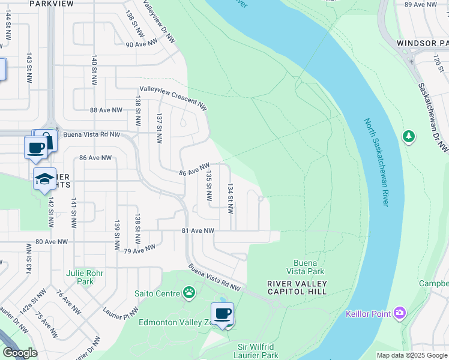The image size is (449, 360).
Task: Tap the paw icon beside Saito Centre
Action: click(190, 293)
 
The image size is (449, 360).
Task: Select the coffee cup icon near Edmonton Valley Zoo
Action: click(222, 314)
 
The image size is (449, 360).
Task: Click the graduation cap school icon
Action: click(44, 179)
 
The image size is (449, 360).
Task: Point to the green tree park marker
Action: click(409, 137)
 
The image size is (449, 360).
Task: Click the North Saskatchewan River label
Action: click(376, 163)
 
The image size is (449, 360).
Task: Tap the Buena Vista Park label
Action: click(310, 268)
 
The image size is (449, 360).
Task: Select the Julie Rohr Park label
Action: click(85, 277)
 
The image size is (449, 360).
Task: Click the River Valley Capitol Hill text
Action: click(297, 287)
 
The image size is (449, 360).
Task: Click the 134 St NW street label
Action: click(229, 199)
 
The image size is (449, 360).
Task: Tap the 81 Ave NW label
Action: click(198, 230)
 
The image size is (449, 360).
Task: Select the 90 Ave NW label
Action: click(142, 44)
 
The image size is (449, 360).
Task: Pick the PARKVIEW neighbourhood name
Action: click(42, 4)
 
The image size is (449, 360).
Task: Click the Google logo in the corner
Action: click(20, 353)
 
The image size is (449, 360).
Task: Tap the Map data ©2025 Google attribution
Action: click(412, 355)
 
